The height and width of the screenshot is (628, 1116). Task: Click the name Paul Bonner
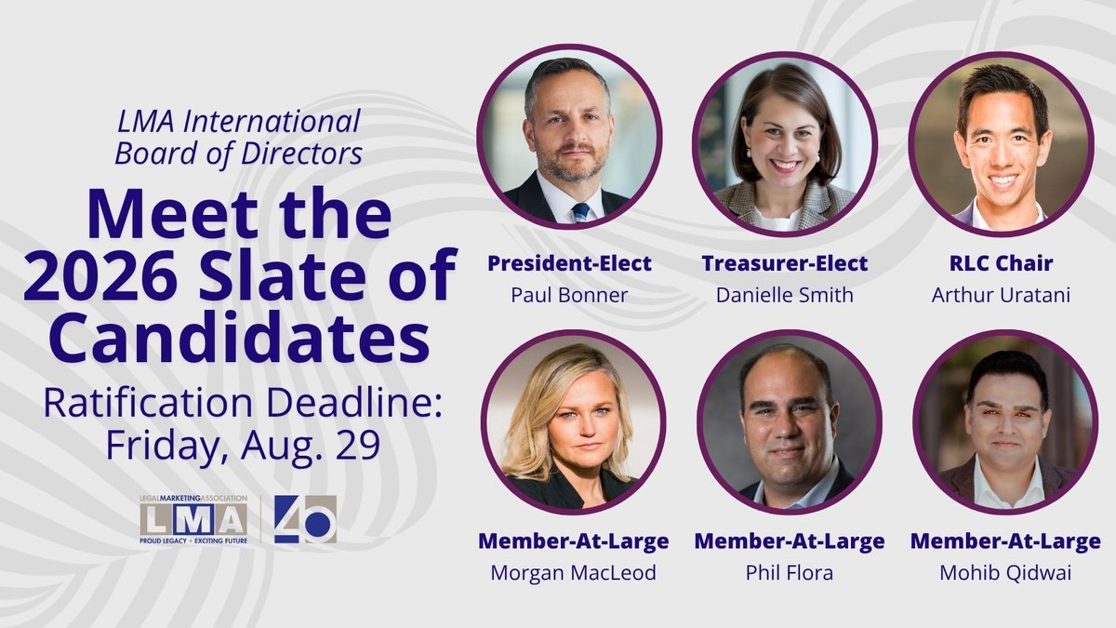pos(569,295)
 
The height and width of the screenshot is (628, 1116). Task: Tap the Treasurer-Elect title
pos(785,263)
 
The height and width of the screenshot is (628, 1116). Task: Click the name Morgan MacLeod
pos(573,572)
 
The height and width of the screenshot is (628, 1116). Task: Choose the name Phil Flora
pos(790,572)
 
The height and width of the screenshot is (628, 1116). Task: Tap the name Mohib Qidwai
pos(1005,572)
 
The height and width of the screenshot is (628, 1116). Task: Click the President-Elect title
pos(569,263)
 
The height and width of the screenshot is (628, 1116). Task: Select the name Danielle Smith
pos(785,295)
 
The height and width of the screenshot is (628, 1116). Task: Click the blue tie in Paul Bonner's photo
pos(580,212)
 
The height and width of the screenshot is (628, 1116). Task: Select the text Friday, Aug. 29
pos(242,444)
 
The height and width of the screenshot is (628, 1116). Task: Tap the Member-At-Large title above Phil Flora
pos(790,541)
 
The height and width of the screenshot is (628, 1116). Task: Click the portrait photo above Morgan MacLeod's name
pos(573,422)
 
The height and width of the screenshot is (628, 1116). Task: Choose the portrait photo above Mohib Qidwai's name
pos(1005,422)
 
